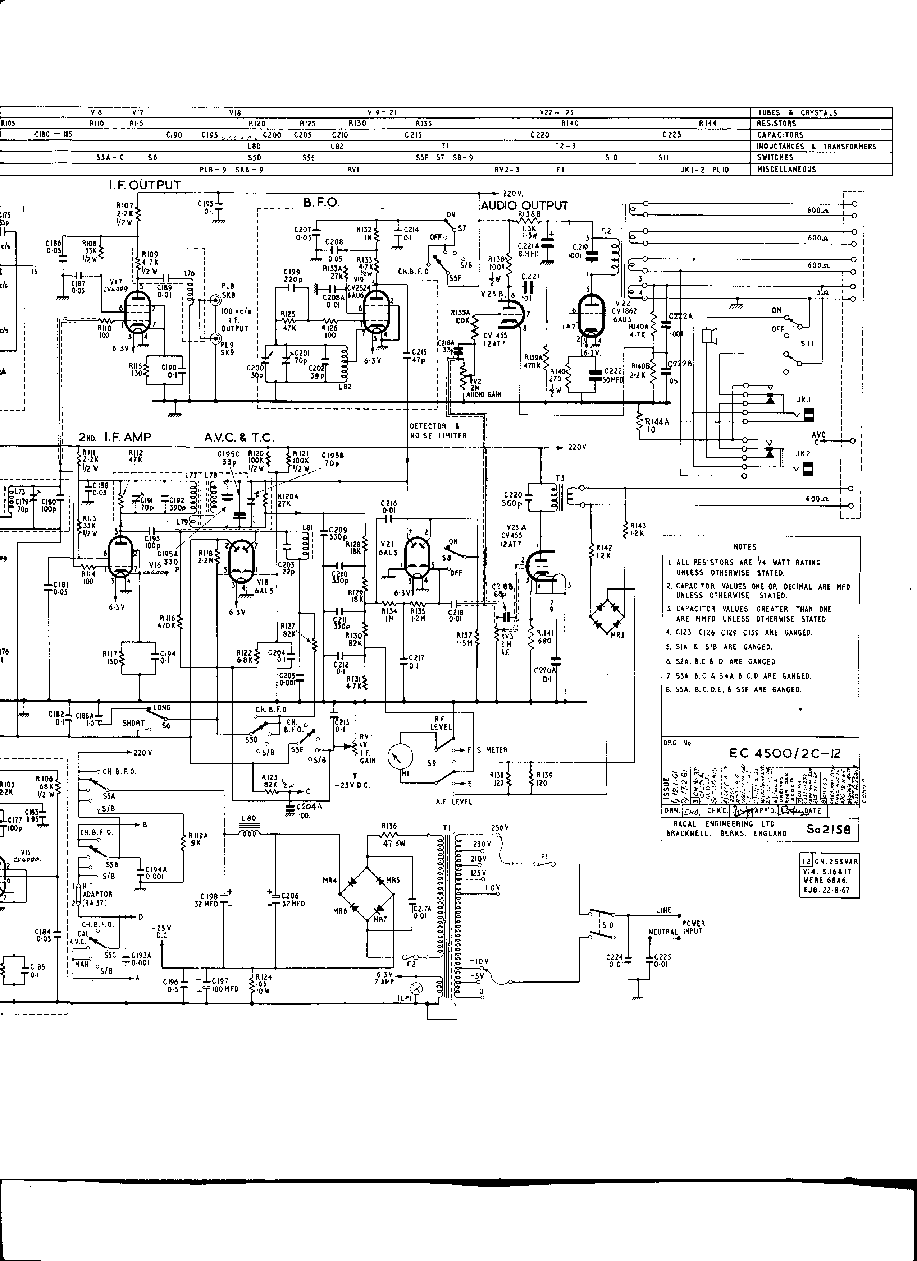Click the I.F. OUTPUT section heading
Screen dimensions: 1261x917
point(145,185)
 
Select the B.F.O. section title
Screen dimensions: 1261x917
point(321,203)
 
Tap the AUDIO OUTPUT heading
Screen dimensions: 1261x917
point(524,206)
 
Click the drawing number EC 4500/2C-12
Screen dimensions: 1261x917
point(785,753)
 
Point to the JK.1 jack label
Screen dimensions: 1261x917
point(803,399)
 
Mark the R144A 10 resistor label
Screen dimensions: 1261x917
point(657,425)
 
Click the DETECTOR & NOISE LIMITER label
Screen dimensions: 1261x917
point(438,431)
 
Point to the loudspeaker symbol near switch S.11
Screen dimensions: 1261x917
point(709,336)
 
